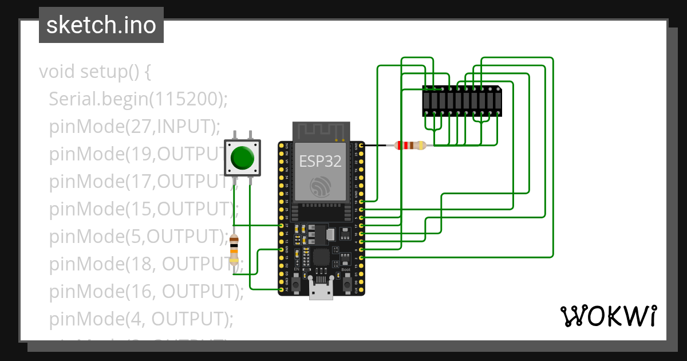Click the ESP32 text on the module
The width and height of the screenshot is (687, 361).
coord(320,161)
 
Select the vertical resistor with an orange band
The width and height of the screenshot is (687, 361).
coord(234,250)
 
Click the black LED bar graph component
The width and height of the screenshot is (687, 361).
coord(461,101)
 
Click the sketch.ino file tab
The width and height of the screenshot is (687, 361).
coord(101,25)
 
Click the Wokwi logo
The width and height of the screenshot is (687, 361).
coord(608,316)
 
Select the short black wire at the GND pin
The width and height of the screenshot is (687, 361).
coord(376,146)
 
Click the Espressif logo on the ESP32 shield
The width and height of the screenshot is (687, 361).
coord(321,186)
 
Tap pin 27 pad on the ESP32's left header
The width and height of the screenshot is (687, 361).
coord(281,226)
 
